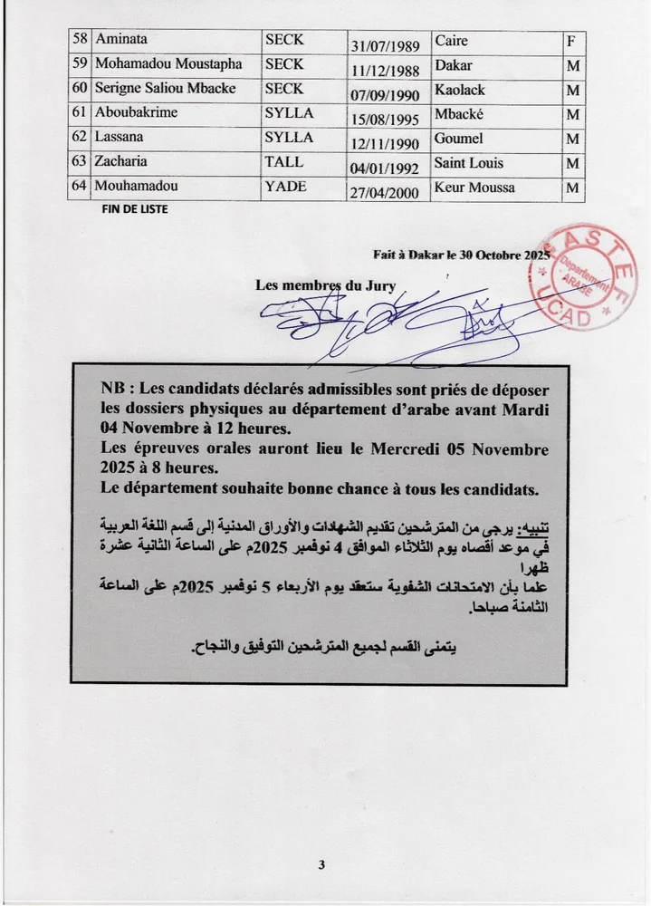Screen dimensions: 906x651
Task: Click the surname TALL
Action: point(282,163)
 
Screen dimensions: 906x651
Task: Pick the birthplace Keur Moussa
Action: point(474,188)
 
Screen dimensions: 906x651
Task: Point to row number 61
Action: point(79,114)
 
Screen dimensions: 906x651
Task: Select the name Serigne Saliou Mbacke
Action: point(161,90)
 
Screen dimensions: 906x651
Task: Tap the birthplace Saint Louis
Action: point(469,163)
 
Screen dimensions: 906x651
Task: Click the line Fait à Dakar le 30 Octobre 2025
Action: point(462,255)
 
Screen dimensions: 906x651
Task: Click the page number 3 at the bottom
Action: point(321,864)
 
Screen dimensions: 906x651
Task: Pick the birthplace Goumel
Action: point(459,139)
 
